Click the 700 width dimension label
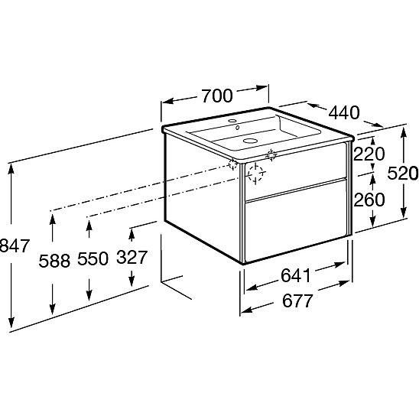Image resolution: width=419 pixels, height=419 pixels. [x=217, y=96]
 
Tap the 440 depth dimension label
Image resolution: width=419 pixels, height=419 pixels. [x=344, y=112]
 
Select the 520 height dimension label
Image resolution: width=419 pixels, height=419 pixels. [x=403, y=173]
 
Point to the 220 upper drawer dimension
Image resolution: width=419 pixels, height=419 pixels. [x=369, y=154]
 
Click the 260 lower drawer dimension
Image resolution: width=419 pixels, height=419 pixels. [x=369, y=200]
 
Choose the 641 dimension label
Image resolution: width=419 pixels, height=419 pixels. [x=296, y=275]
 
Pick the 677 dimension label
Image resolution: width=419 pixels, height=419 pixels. [x=297, y=300]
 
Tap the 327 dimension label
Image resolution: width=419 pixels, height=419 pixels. [x=132, y=257]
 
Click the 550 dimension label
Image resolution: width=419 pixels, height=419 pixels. [x=93, y=258]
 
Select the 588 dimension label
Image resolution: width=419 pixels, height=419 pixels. [x=54, y=261]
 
